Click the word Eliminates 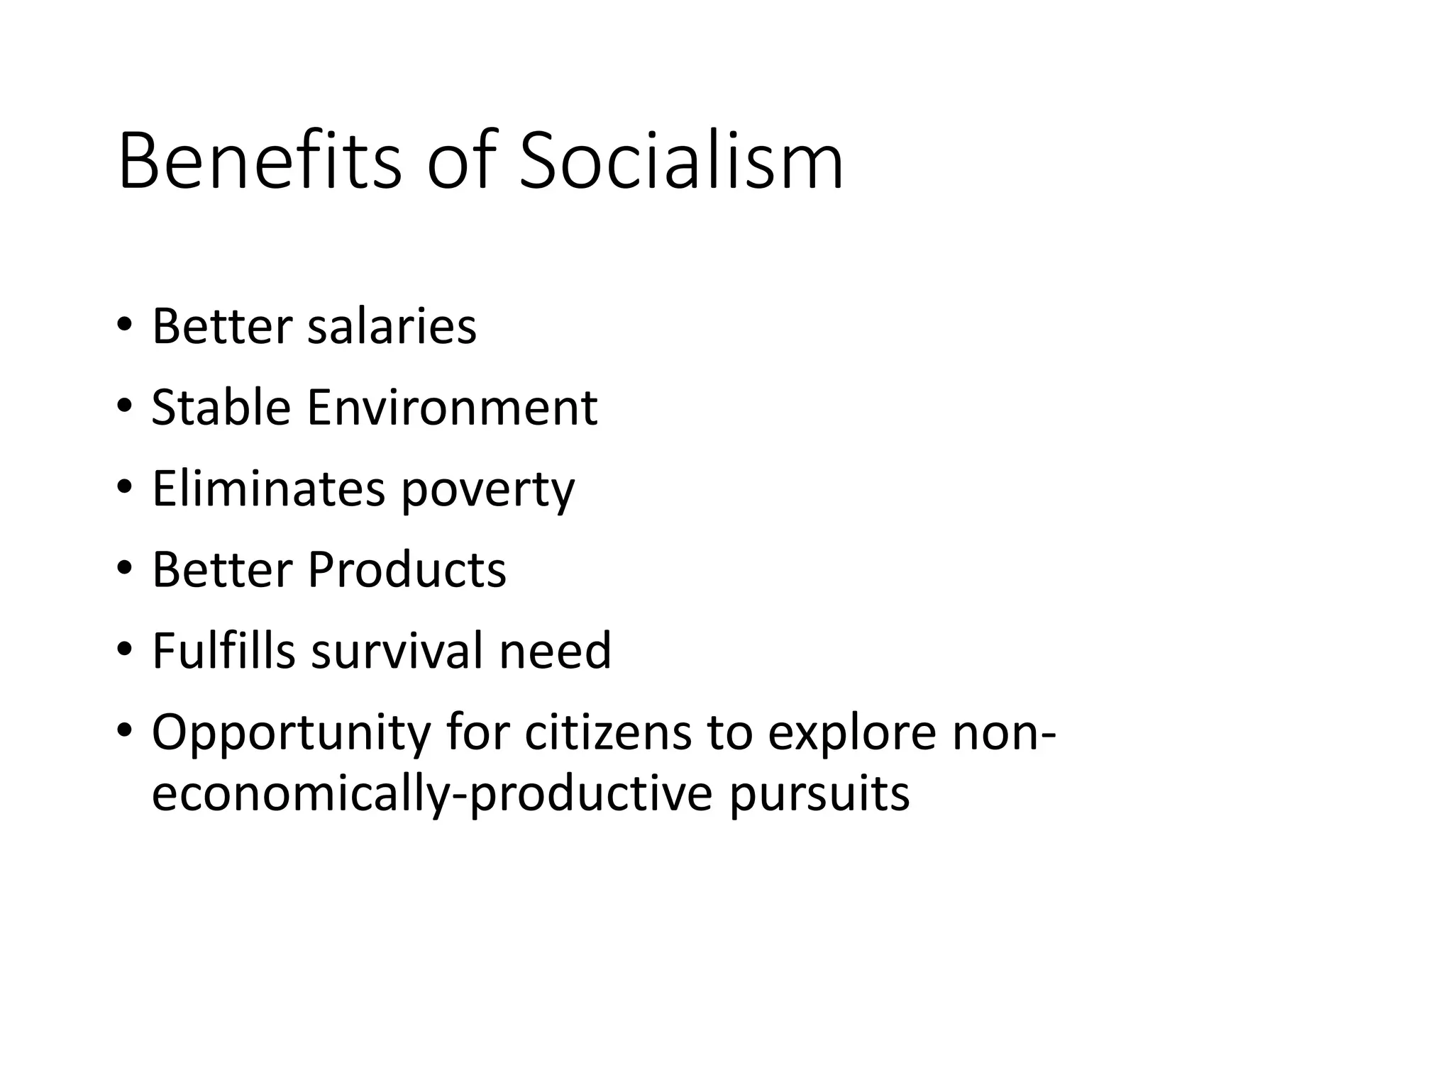tap(268, 489)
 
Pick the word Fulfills tap(223, 650)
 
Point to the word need tap(555, 652)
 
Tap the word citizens tap(607, 732)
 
